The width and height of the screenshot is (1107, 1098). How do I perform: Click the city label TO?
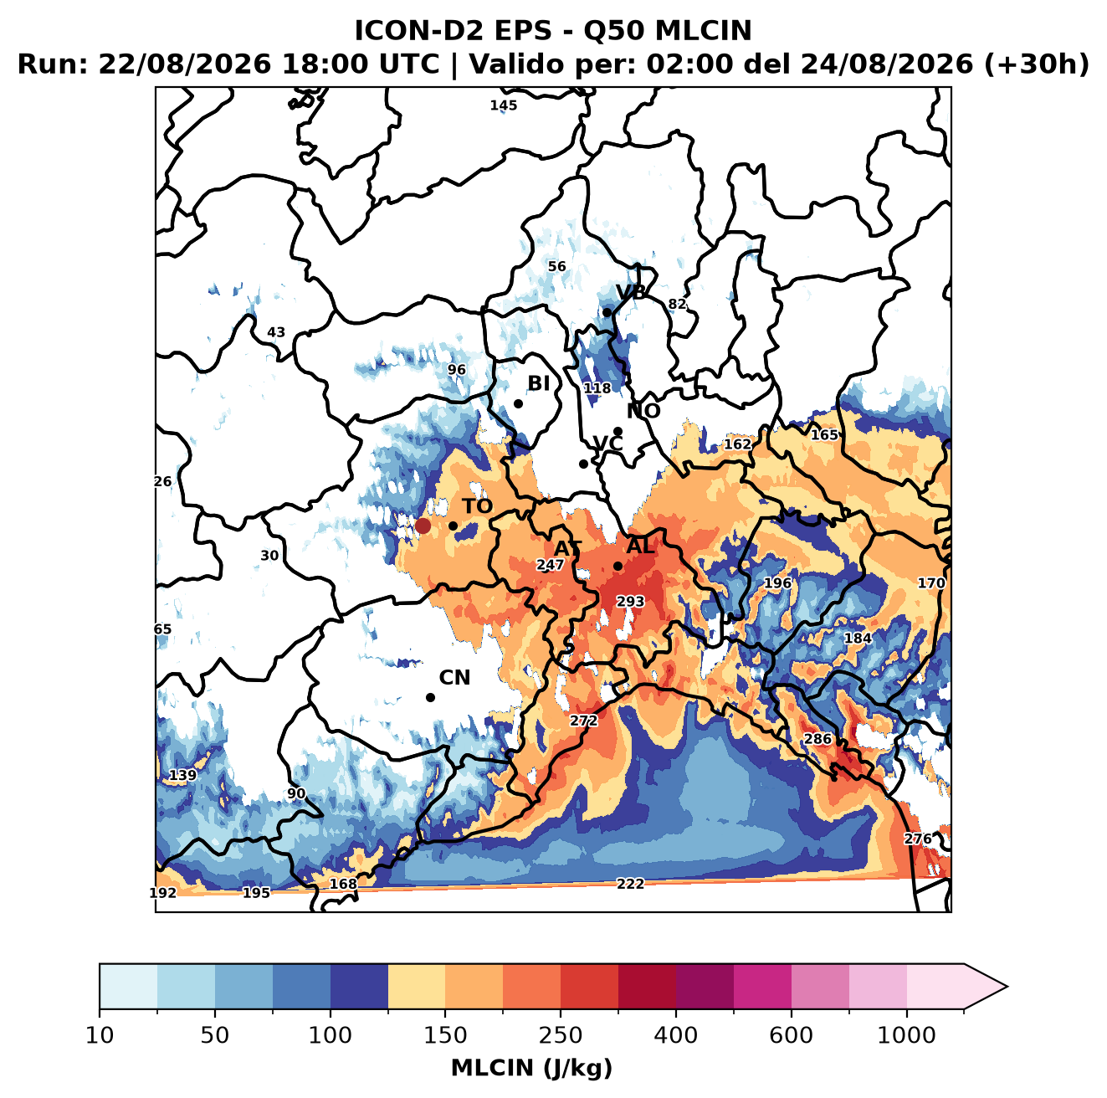[478, 506]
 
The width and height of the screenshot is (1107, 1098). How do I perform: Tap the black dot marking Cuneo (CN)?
[430, 697]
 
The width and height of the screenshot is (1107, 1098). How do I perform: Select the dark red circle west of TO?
[423, 526]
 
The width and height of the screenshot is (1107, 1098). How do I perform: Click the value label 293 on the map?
[630, 602]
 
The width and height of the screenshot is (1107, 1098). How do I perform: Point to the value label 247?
[551, 565]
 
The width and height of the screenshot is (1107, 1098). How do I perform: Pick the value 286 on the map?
[817, 739]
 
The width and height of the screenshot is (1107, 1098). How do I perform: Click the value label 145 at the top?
[503, 105]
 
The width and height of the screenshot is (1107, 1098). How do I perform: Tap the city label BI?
[538, 383]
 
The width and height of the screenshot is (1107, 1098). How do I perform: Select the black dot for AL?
[618, 566]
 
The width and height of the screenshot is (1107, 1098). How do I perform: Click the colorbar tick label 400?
[675, 1035]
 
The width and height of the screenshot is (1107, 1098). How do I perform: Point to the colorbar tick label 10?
[100, 1035]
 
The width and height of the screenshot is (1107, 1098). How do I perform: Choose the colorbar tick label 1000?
[906, 1035]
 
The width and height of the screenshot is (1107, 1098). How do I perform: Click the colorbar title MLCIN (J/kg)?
[531, 1068]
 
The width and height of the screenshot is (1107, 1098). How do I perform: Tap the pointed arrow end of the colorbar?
[1007, 987]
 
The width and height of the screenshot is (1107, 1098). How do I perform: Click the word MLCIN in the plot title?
[703, 31]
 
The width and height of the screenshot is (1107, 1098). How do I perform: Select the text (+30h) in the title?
[1036, 64]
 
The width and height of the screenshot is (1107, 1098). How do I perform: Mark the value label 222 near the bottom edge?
[630, 884]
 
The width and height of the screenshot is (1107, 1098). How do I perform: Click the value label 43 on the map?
[276, 332]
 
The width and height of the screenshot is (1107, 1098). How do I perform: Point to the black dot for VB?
[607, 312]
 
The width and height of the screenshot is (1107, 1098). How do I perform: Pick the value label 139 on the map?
[182, 775]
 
